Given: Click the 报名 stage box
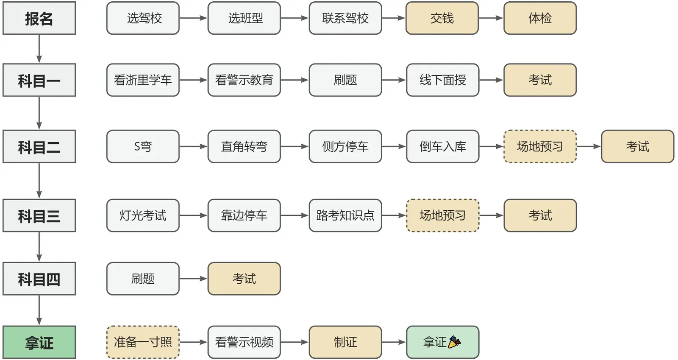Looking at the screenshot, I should point(39,18).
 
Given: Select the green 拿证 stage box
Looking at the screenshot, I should point(39,342).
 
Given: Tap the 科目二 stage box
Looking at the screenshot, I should point(39,147).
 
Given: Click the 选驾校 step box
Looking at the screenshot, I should point(143,18).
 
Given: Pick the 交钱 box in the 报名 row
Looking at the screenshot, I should point(442,18).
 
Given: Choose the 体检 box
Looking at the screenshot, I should point(540,18).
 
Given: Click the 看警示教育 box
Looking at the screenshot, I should point(244,80).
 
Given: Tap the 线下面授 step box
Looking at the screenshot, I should point(442,80).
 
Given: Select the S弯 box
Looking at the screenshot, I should point(143,147).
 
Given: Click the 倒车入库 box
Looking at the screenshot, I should point(442,147).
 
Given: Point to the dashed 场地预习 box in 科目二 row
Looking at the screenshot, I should point(540,147).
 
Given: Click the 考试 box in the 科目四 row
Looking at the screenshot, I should point(244,279).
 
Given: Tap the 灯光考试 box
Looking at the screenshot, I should point(143,215).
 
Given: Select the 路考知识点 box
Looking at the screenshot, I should point(345,215).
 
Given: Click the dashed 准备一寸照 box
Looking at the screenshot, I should point(143,342).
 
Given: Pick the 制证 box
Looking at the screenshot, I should point(345,342).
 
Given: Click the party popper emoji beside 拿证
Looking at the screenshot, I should point(454,342).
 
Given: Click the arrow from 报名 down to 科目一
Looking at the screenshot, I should point(39,49).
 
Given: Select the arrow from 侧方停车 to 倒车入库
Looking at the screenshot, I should point(394,147).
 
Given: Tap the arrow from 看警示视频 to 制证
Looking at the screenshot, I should point(295,342).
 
